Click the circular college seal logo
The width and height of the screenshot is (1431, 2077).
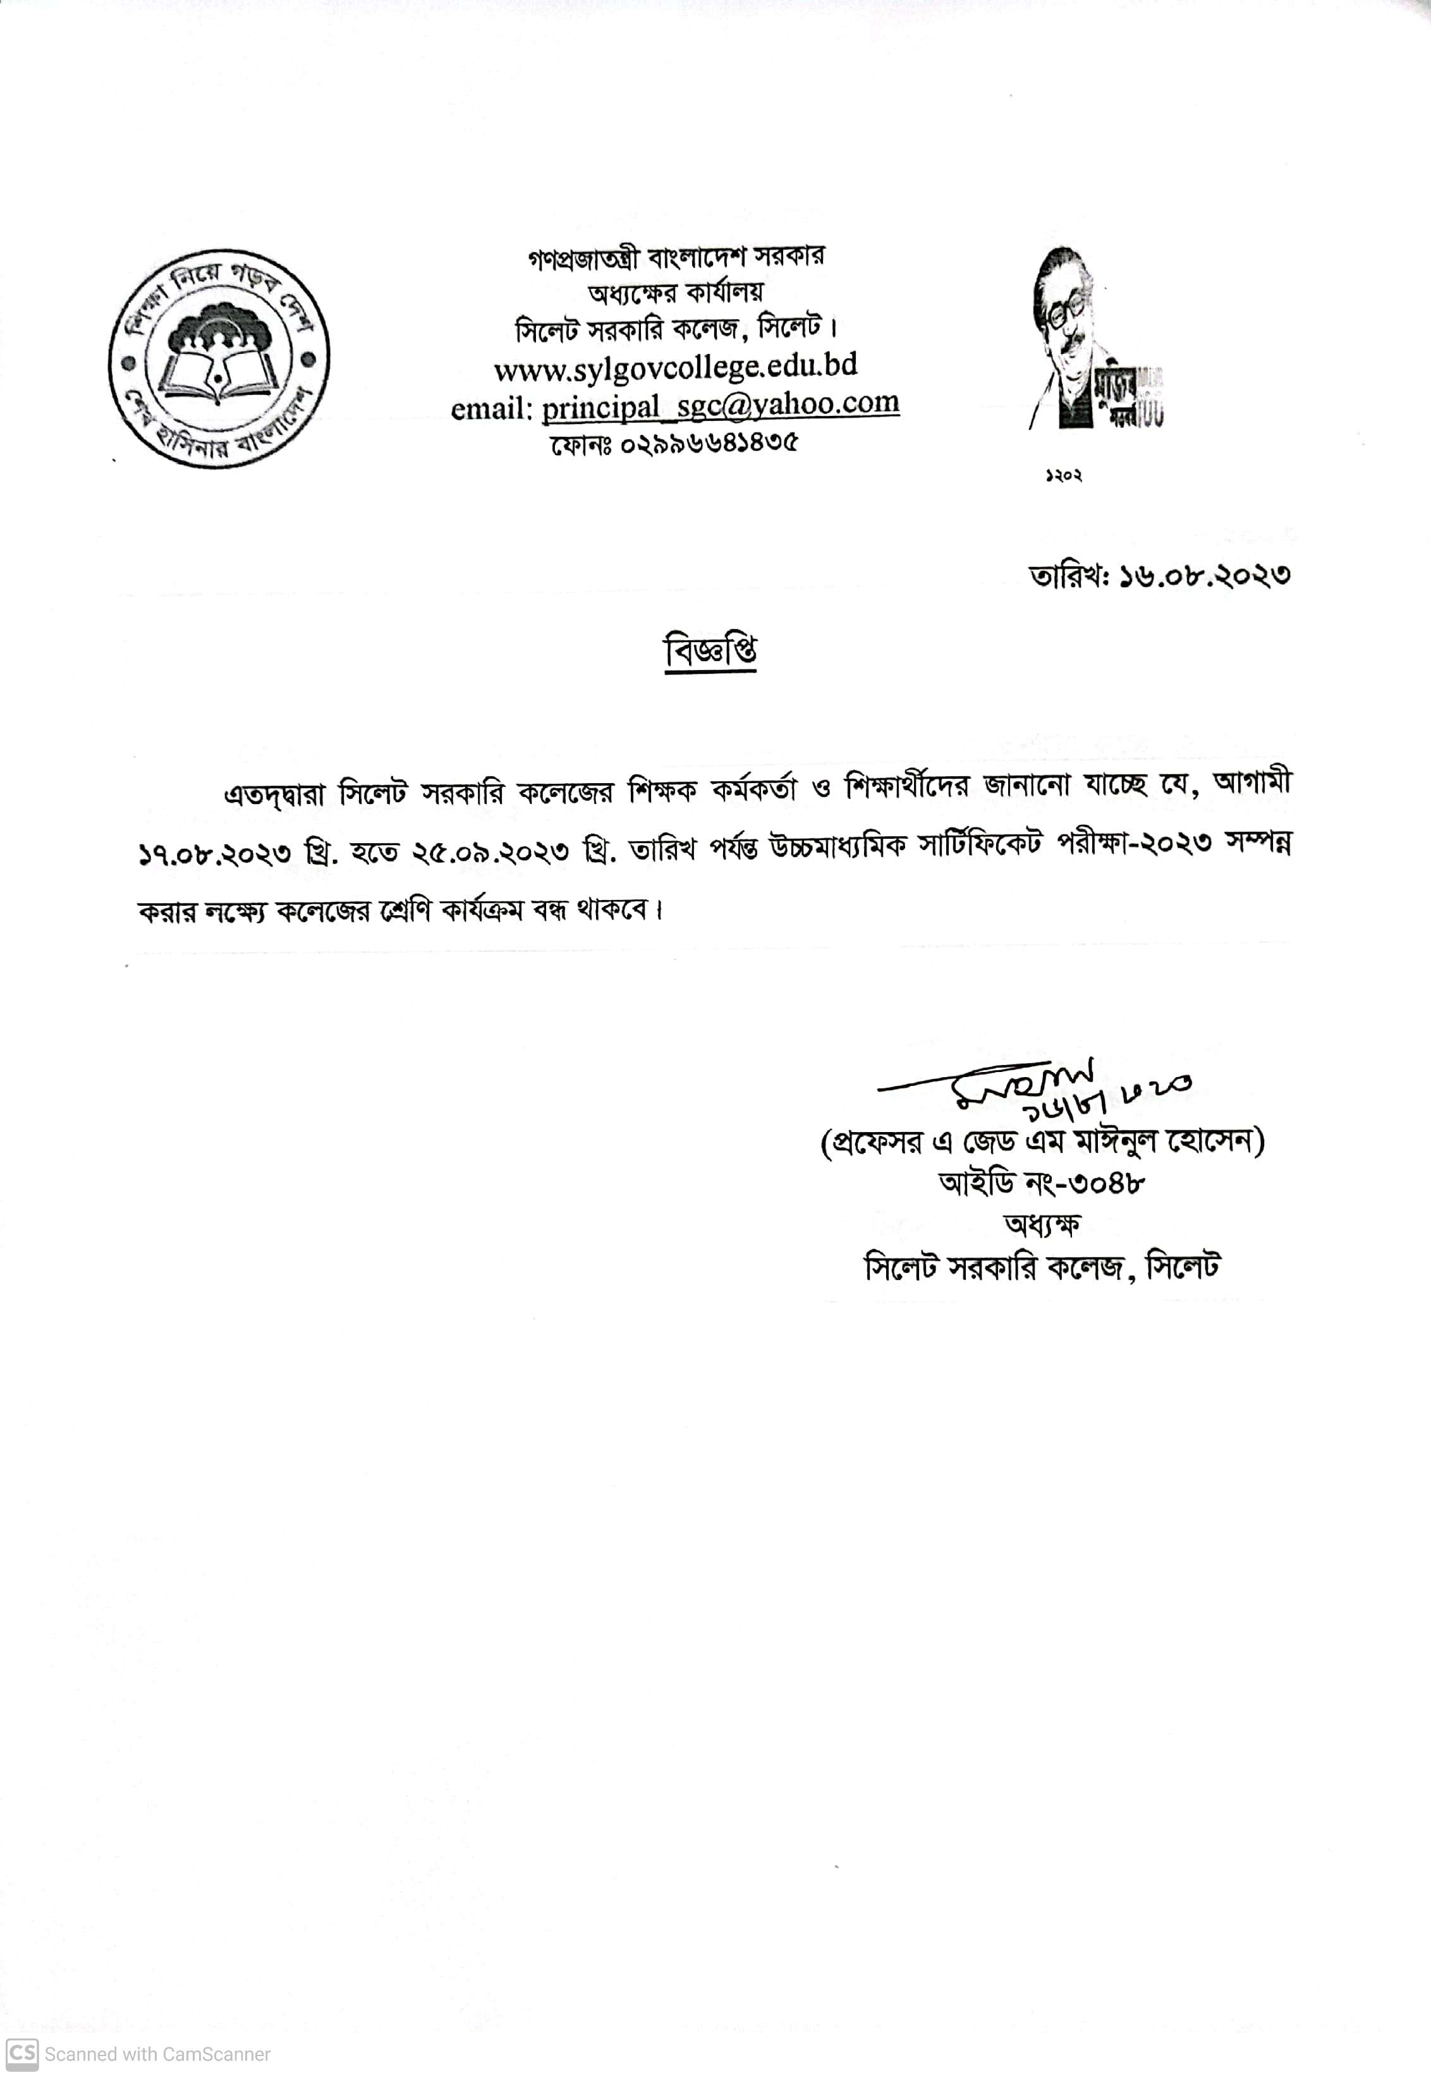pyautogui.click(x=219, y=358)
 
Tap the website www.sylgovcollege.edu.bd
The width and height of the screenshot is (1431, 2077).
pyautogui.click(x=675, y=367)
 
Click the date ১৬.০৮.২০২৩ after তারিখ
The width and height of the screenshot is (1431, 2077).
pyautogui.click(x=1204, y=575)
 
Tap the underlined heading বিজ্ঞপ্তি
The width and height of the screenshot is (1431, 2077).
pyautogui.click(x=710, y=651)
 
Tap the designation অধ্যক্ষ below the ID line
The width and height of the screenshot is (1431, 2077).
pyautogui.click(x=1042, y=1224)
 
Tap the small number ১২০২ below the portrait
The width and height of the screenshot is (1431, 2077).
pyautogui.click(x=1063, y=476)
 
